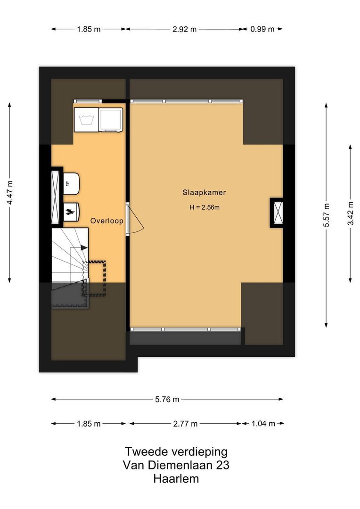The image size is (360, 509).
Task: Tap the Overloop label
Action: pyautogui.click(x=107, y=220)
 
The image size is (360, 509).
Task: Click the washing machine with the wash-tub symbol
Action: pyautogui.click(x=86, y=120)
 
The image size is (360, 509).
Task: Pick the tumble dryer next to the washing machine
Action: pyautogui.click(x=111, y=120)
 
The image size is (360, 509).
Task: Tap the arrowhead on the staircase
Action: pyautogui.click(x=84, y=247)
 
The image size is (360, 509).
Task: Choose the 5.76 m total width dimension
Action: pyautogui.click(x=167, y=399)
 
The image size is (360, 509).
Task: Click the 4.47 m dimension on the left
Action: pyautogui.click(x=9, y=193)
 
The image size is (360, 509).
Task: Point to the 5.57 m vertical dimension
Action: pyautogui.click(x=326, y=215)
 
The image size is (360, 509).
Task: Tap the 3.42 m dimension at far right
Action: pyautogui.click(x=350, y=213)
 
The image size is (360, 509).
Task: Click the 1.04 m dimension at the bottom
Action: pyautogui.click(x=263, y=423)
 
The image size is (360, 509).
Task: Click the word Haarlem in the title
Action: pyautogui.click(x=176, y=479)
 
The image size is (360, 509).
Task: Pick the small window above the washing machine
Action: pyautogui.click(x=88, y=101)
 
